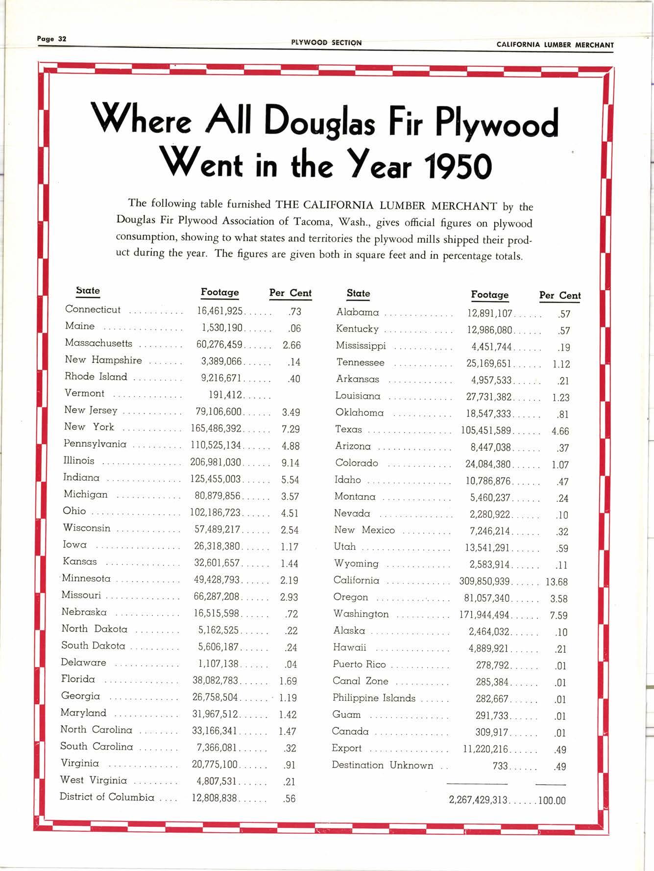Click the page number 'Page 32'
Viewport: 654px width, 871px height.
coord(51,39)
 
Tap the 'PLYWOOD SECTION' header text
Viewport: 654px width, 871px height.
coord(326,43)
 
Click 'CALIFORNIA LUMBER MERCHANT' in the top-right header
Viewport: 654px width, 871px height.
coord(555,45)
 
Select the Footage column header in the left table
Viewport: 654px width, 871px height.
coord(219,292)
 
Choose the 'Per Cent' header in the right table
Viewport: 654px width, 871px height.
coord(559,295)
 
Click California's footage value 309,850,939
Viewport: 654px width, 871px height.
coord(484,582)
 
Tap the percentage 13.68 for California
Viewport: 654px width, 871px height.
coord(557,582)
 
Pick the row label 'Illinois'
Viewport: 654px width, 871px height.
coord(79,461)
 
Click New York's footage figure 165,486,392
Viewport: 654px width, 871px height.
coord(216,429)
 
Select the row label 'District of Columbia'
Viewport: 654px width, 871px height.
coord(107,797)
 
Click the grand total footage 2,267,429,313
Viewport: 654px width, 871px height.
coord(478,800)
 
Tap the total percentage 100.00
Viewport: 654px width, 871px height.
coord(552,801)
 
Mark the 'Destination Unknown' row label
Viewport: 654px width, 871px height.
coord(382,765)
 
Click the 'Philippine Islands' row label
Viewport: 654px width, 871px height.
coord(374,698)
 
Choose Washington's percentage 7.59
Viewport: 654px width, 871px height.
coord(558,615)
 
